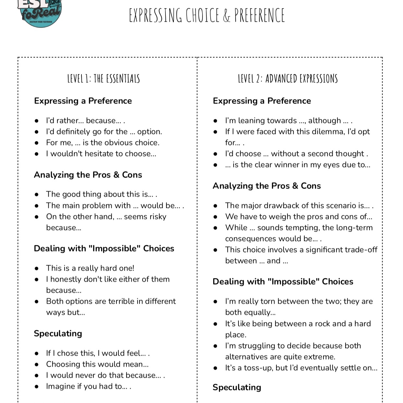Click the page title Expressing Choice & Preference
pos(207,15)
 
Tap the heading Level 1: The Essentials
pos(104,79)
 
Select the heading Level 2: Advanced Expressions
pos(288,79)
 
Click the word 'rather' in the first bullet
pos(67,121)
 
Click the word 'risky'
pos(156,217)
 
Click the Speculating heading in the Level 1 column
pos(58,334)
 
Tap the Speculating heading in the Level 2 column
pos(237,387)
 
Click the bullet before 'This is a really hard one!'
pos(37,268)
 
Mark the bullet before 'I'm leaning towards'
pos(215,121)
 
